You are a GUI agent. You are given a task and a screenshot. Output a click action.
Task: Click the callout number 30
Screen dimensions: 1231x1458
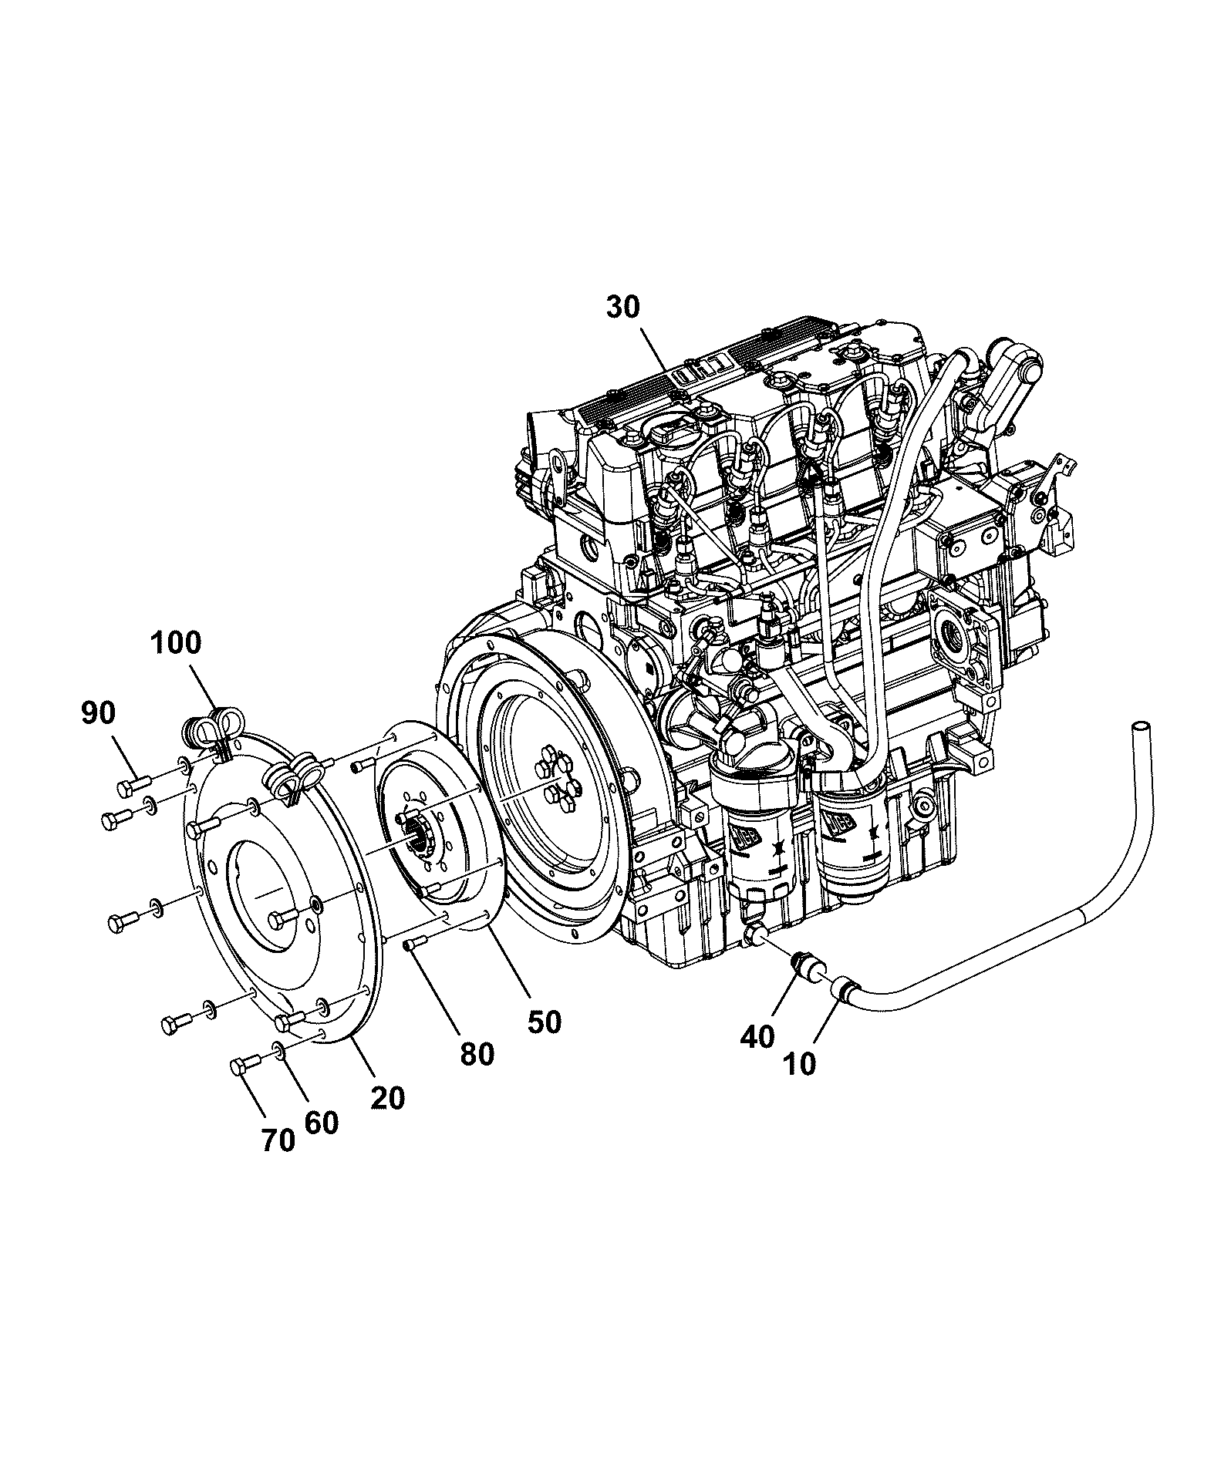(x=623, y=307)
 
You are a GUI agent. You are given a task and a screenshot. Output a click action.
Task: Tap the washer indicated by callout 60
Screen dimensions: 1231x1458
(x=276, y=1050)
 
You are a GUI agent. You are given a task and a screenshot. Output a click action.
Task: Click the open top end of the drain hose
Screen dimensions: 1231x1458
(x=1140, y=728)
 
